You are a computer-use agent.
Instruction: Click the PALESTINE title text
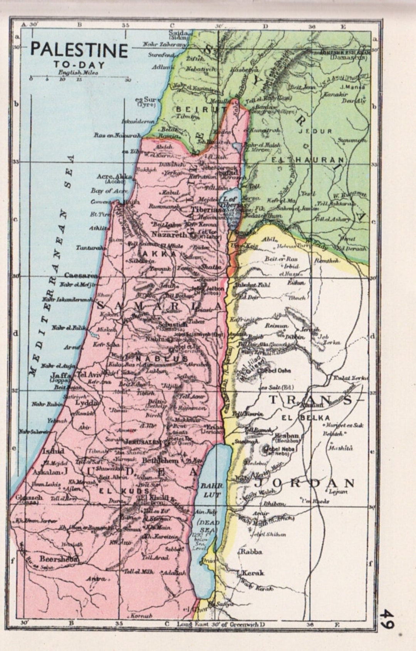click(x=79, y=50)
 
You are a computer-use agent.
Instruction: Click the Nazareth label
click(x=169, y=234)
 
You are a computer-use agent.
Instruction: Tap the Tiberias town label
click(x=206, y=209)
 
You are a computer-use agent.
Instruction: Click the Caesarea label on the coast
click(x=81, y=275)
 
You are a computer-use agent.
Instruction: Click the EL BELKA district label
click(x=306, y=418)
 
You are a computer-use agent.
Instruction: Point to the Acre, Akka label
click(x=114, y=177)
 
